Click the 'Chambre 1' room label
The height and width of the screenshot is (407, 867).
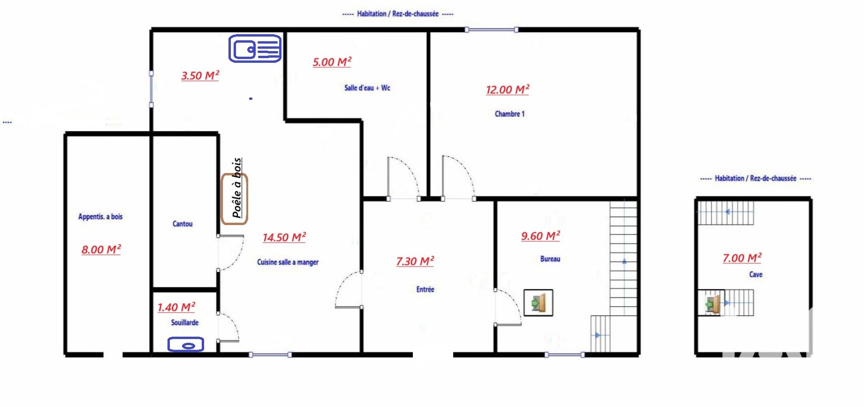(510, 114)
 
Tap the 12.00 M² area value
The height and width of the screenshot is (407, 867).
(508, 90)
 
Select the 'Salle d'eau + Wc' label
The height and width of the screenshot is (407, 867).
(367, 88)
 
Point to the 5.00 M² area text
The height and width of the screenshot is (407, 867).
(332, 62)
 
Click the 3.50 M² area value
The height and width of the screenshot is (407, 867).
(200, 75)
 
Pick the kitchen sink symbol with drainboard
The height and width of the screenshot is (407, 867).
(255, 48)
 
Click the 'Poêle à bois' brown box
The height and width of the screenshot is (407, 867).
(235, 199)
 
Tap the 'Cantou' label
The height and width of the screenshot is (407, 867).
(183, 224)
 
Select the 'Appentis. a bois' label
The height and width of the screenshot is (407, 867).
(100, 217)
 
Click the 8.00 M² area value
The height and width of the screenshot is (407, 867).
(101, 249)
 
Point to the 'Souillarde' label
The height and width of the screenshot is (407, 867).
(185, 323)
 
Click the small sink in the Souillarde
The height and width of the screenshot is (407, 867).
(186, 345)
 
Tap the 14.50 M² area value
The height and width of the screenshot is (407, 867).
(284, 237)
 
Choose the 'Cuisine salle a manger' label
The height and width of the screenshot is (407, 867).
(288, 262)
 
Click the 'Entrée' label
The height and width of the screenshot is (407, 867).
(426, 289)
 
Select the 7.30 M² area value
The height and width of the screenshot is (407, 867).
(415, 261)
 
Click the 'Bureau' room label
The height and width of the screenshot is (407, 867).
(550, 259)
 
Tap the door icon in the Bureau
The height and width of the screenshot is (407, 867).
(539, 303)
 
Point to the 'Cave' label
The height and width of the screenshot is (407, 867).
(756, 274)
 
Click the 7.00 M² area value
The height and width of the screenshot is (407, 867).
(742, 258)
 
